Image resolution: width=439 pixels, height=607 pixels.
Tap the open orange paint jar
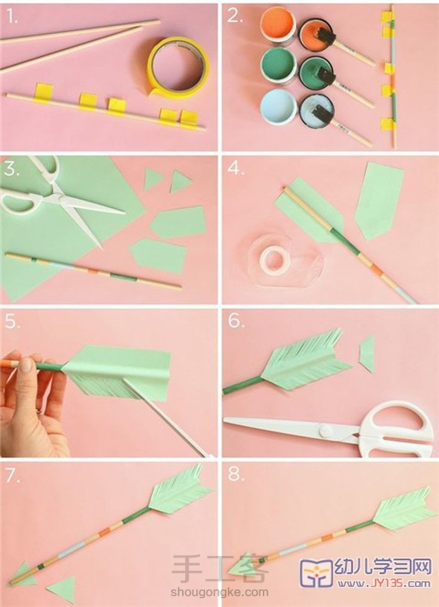click(x=278, y=24)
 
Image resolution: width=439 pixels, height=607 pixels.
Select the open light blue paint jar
click(x=278, y=106)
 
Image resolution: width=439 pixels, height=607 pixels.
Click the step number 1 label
click(x=11, y=17)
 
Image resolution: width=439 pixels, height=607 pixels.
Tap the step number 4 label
click(x=235, y=168)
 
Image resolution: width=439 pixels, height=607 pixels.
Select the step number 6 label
click(x=235, y=321)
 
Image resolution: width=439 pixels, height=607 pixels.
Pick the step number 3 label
click(x=11, y=168)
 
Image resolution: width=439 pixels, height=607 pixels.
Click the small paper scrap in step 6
click(x=366, y=354)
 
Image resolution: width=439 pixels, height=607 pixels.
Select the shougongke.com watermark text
click(x=219, y=591)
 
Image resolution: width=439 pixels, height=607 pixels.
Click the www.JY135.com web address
click(x=383, y=583)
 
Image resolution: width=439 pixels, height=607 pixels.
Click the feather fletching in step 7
click(x=180, y=492)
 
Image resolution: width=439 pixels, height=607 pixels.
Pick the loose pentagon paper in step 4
click(x=379, y=201)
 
